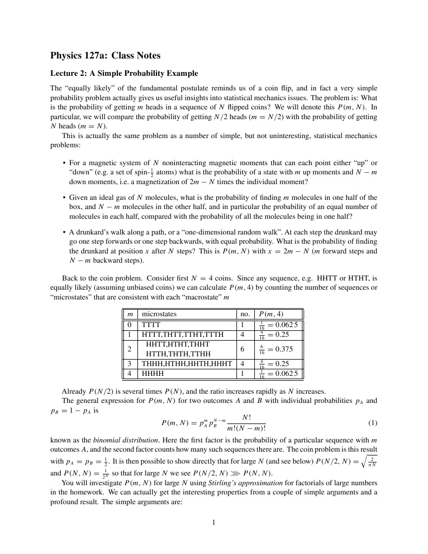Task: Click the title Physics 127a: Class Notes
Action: tap(105, 55)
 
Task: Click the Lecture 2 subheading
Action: tap(124, 73)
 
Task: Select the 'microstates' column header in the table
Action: tap(159, 314)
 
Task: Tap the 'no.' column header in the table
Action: tap(245, 314)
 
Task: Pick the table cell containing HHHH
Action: tap(153, 374)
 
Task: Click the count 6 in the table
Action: tap(243, 349)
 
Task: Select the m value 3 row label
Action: tap(129, 364)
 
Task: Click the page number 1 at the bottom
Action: tap(214, 523)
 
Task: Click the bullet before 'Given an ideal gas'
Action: tap(64, 198)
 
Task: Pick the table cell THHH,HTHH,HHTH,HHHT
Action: tap(187, 364)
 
